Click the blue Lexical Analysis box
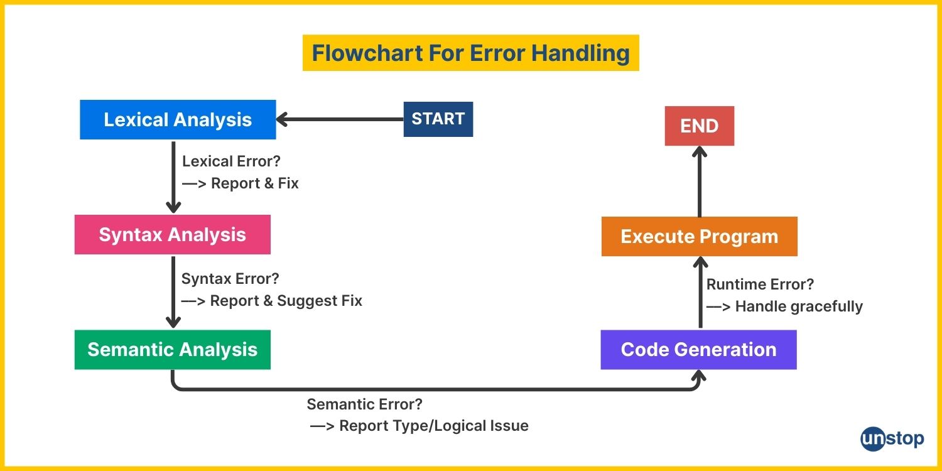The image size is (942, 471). click(178, 119)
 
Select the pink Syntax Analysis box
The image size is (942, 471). click(173, 235)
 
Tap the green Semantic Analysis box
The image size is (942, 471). click(173, 349)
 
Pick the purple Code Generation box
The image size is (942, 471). click(698, 349)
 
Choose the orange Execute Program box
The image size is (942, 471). click(700, 236)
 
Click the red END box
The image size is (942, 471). click(700, 126)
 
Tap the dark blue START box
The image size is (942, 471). click(438, 119)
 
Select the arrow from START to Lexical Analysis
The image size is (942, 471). click(340, 119)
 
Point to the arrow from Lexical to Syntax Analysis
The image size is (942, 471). click(173, 177)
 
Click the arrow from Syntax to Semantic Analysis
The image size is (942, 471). click(173, 292)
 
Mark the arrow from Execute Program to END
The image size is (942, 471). click(700, 181)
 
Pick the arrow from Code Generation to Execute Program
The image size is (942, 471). click(700, 293)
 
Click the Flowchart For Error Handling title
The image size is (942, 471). click(471, 53)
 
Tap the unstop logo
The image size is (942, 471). click(892, 439)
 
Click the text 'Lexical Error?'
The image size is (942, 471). click(231, 161)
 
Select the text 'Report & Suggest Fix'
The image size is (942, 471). click(286, 301)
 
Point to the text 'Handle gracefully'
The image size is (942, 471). click(799, 306)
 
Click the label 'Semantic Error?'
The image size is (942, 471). click(365, 404)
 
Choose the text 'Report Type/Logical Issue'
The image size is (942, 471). click(434, 426)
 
